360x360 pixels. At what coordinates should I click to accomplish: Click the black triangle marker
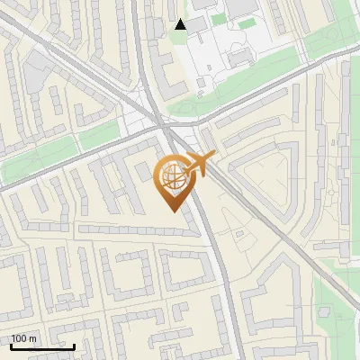(x=181, y=24)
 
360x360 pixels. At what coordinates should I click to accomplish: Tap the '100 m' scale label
(x=24, y=338)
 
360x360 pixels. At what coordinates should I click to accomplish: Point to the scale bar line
(x=42, y=346)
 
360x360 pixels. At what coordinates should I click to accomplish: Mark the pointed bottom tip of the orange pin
(x=173, y=211)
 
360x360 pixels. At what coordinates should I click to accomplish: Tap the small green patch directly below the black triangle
(x=181, y=38)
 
